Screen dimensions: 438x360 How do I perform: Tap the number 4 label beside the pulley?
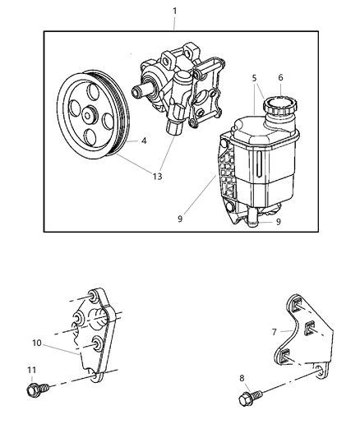(144, 141)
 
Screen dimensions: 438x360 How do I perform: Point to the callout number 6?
(280, 78)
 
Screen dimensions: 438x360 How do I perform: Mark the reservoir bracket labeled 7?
(301, 337)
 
